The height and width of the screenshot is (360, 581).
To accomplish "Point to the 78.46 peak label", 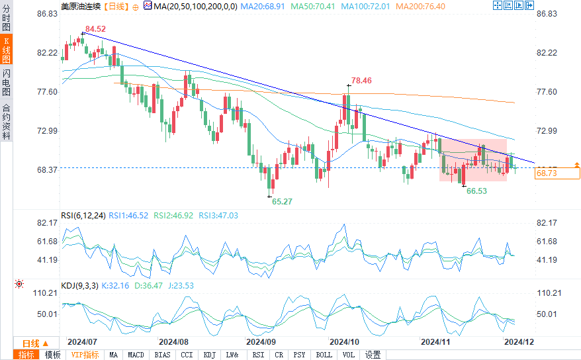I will (x=361, y=80).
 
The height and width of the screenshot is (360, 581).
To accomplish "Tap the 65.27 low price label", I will (x=282, y=201).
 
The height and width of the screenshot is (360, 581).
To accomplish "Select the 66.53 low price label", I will (x=477, y=191).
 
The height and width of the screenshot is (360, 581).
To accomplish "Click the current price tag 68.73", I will (x=547, y=173).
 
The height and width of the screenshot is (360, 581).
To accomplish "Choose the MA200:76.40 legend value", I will (x=421, y=6).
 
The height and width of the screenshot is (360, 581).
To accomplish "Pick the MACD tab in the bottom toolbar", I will (x=136, y=355).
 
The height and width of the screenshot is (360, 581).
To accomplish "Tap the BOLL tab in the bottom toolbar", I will (x=324, y=355).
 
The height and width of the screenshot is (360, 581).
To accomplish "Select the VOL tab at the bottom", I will (x=348, y=355).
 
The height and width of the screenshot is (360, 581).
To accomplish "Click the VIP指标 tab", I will (x=85, y=355).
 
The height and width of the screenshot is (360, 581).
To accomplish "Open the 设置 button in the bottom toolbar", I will (x=373, y=355).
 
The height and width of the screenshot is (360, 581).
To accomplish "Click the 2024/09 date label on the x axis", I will (x=260, y=342).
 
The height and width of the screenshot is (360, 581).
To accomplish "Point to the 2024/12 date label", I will (x=518, y=342).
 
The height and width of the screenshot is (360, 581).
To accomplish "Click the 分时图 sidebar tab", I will (x=6, y=20).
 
